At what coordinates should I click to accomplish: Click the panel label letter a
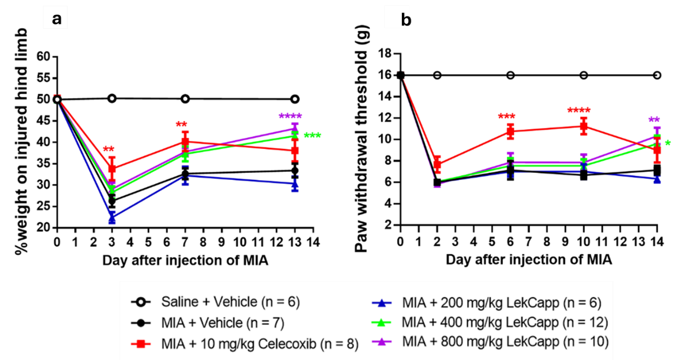tap(56, 19)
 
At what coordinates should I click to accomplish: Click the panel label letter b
tap(405, 21)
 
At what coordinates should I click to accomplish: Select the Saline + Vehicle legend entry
tap(230, 302)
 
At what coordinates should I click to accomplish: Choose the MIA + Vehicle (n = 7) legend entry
tap(222, 323)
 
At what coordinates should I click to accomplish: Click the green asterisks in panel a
tap(312, 135)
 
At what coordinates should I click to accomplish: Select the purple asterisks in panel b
tap(654, 119)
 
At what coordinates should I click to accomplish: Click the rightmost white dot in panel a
tap(295, 99)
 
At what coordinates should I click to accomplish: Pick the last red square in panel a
tap(295, 150)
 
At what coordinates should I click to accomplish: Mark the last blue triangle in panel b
tap(657, 180)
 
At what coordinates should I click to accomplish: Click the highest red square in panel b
tap(584, 126)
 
